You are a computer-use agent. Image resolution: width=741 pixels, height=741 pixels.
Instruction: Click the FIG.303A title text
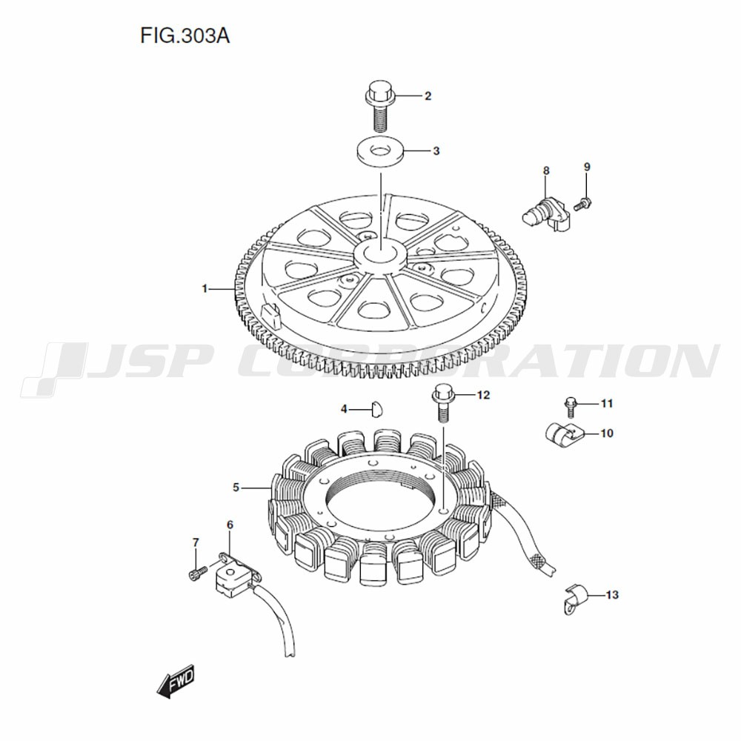pyautogui.click(x=185, y=36)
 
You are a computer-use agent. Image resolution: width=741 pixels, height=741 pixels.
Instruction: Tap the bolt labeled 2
pyautogui.click(x=379, y=106)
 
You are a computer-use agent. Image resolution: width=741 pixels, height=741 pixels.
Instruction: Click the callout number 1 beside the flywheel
pyautogui.click(x=205, y=288)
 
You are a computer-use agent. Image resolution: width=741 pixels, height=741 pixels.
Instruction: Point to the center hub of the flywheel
pyautogui.click(x=380, y=255)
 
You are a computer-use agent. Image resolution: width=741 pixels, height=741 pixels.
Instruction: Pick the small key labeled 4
pyautogui.click(x=376, y=409)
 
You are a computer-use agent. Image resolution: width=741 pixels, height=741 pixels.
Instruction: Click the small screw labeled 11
pyautogui.click(x=571, y=408)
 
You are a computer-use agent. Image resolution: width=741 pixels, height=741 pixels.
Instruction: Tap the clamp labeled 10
pyautogui.click(x=563, y=435)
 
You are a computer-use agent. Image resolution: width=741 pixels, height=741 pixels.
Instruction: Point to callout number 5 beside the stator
pyautogui.click(x=236, y=488)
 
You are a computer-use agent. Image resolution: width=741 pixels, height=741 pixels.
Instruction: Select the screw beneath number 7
pyautogui.click(x=197, y=573)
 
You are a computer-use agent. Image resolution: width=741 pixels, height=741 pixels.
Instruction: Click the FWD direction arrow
pyautogui.click(x=176, y=681)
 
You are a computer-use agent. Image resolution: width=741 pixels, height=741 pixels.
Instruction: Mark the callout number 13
pyautogui.click(x=612, y=595)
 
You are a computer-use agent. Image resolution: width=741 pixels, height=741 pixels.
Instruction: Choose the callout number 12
pyautogui.click(x=483, y=395)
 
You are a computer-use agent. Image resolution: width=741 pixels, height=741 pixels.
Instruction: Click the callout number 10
pyautogui.click(x=607, y=433)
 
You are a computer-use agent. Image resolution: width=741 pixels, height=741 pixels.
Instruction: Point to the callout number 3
pyautogui.click(x=436, y=151)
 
